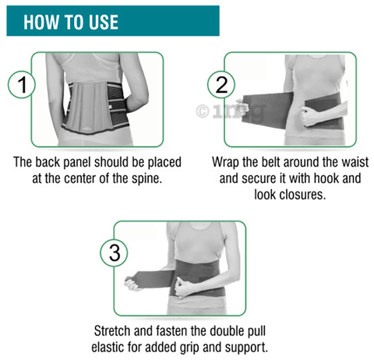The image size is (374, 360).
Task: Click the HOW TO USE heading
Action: pyautogui.click(x=71, y=22)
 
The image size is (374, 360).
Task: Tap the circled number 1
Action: pyautogui.click(x=22, y=85)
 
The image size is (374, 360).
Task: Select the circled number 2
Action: pyautogui.click(x=221, y=85)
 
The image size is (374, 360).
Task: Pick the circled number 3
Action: pyautogui.click(x=115, y=253)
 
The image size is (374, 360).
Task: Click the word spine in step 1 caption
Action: pyautogui.click(x=146, y=178)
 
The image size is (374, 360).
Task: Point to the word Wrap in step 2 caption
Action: pyautogui.click(x=225, y=162)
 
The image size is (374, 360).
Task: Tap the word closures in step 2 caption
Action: pyautogui.click(x=302, y=194)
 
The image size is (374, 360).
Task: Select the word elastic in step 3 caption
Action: pyautogui.click(x=107, y=348)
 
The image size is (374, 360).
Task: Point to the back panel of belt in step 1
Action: pyautogui.click(x=90, y=107)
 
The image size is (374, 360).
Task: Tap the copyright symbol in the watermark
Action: pyautogui.click(x=203, y=111)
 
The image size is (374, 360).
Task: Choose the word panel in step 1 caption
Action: pyautogui.click(x=78, y=163)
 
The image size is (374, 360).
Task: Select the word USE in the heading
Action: pyautogui.click(x=104, y=22)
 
